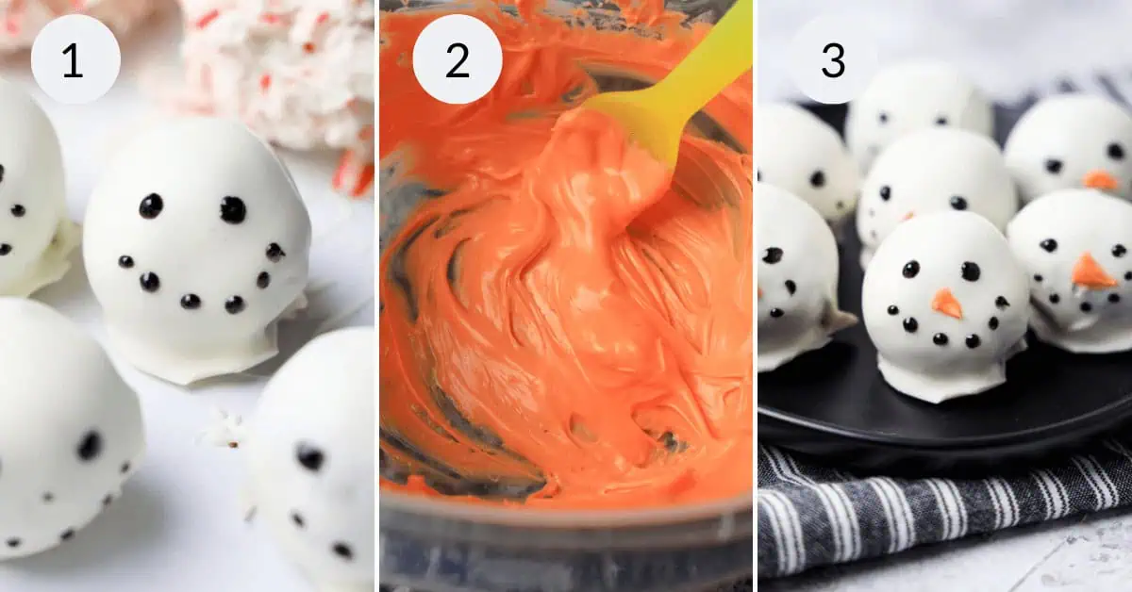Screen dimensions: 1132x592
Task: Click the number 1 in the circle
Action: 73,60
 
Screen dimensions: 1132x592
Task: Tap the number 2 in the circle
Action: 458,60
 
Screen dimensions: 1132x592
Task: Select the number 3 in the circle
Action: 833,60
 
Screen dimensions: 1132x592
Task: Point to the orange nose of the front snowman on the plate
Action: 946,304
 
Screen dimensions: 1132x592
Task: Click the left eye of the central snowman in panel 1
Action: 151,206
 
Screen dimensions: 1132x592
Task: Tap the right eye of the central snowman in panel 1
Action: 233,209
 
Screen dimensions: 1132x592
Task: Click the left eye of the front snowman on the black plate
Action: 910,270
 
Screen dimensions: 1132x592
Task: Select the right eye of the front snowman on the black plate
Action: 971,271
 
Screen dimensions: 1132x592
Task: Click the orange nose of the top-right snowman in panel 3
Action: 1100,180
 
